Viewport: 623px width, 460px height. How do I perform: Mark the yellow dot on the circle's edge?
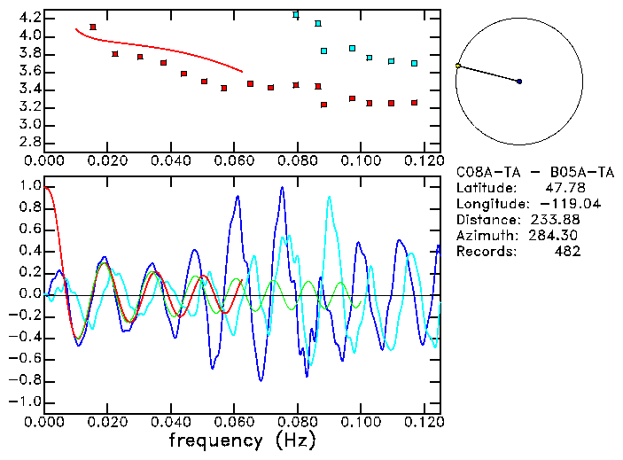(458, 66)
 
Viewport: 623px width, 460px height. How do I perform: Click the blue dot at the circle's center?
(519, 82)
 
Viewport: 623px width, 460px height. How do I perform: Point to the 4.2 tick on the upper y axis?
(28, 18)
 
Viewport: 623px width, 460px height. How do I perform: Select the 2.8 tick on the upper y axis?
(28, 142)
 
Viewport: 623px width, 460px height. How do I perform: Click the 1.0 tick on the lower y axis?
(28, 187)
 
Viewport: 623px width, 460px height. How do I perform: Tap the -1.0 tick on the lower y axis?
(26, 402)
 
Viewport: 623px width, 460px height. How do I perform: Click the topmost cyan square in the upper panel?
(296, 15)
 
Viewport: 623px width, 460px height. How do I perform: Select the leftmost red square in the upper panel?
(93, 27)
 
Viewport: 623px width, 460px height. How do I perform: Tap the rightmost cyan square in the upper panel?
(414, 63)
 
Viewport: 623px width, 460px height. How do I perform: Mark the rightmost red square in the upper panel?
(414, 103)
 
